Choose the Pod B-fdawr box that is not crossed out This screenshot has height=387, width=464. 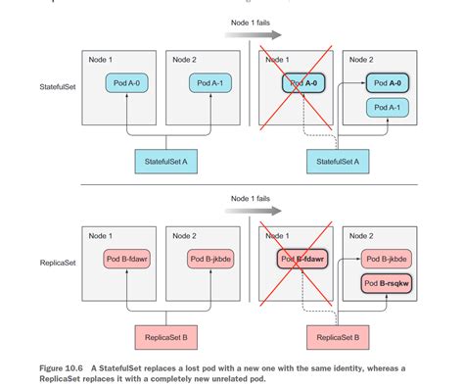[126, 260]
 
